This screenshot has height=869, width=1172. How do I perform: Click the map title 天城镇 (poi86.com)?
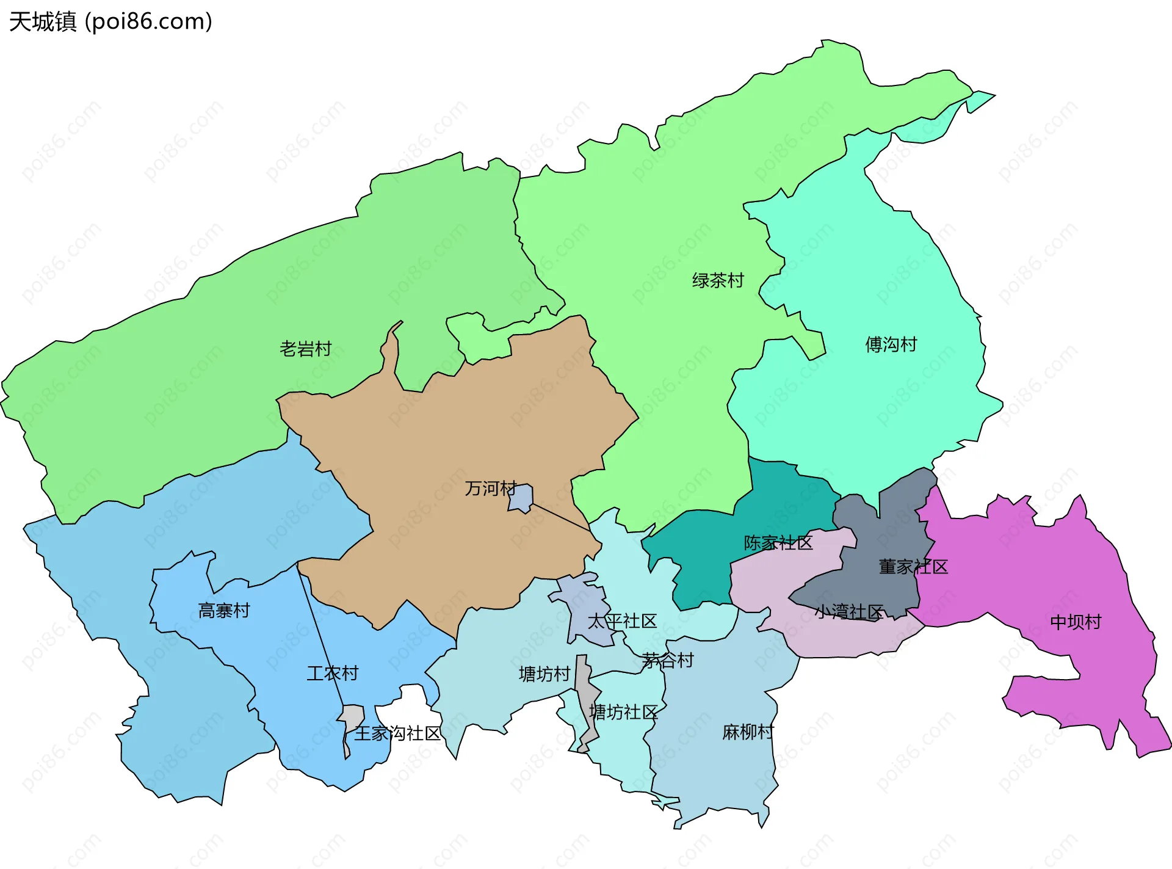(x=110, y=21)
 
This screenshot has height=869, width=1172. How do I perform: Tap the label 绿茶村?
(x=718, y=281)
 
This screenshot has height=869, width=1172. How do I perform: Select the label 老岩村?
(x=305, y=349)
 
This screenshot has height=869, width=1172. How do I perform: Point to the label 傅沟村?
(x=891, y=345)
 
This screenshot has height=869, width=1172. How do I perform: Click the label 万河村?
(x=490, y=489)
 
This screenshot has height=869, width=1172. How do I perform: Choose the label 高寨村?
(x=224, y=611)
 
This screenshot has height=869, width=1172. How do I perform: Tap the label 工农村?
(x=332, y=674)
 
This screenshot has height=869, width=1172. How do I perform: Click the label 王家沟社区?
(x=397, y=734)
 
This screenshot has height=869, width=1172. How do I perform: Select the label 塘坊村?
(x=544, y=674)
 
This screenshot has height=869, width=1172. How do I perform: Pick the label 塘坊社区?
(x=623, y=712)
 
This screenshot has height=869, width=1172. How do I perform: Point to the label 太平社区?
(x=622, y=622)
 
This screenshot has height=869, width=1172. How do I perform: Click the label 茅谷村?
(x=668, y=661)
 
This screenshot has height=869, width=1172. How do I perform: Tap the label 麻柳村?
(x=748, y=732)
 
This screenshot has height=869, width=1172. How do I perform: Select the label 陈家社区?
(x=778, y=543)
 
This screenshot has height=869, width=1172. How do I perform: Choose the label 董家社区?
(x=913, y=567)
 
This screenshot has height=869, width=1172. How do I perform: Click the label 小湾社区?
(x=848, y=612)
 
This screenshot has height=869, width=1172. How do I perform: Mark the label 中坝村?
(x=1076, y=622)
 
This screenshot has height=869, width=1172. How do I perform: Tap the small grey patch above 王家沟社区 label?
(x=353, y=716)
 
